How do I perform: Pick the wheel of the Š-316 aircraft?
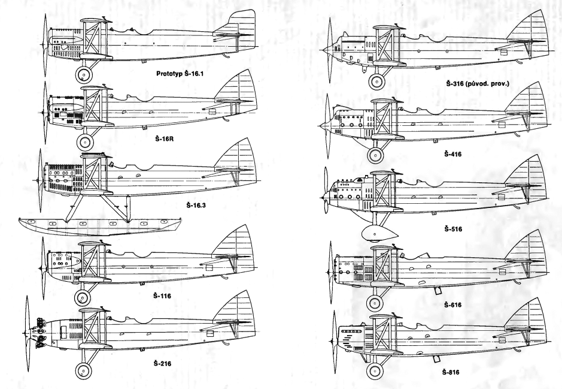(376, 82)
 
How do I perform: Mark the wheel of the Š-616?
(375, 303)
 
